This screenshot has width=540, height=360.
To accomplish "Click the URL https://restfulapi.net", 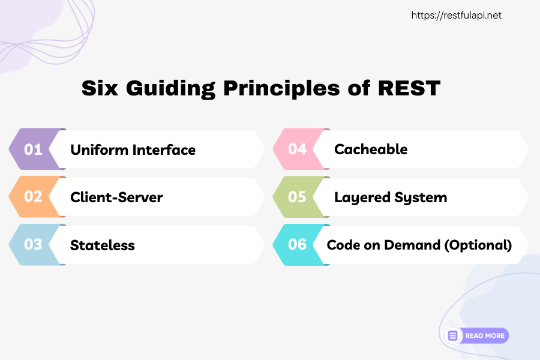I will click(456, 16).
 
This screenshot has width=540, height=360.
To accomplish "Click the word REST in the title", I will click(409, 88).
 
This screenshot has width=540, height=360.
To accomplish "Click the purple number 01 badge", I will click(33, 149).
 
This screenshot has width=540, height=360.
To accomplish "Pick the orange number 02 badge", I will click(33, 197).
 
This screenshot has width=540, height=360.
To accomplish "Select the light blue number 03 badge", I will click(33, 245).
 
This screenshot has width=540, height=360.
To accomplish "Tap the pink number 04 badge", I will click(297, 149).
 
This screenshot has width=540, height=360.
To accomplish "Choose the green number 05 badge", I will click(297, 197).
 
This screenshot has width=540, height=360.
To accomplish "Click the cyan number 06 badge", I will click(297, 245).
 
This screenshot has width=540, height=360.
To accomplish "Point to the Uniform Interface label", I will click(133, 149).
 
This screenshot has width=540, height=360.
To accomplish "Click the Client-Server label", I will click(116, 197).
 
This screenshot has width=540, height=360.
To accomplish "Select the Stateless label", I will click(102, 245).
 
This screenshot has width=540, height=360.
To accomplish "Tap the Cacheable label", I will click(370, 149).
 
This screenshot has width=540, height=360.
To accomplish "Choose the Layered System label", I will click(390, 197).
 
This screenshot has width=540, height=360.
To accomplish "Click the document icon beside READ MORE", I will click(453, 335).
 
